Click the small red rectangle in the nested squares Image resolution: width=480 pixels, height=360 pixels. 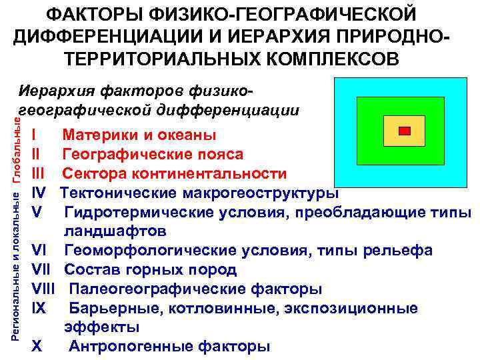(x=404, y=131)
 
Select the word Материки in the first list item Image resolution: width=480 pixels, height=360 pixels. (x=94, y=135)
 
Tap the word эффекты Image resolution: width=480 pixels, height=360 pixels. (x=102, y=327)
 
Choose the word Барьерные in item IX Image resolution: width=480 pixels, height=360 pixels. (x=107, y=308)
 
